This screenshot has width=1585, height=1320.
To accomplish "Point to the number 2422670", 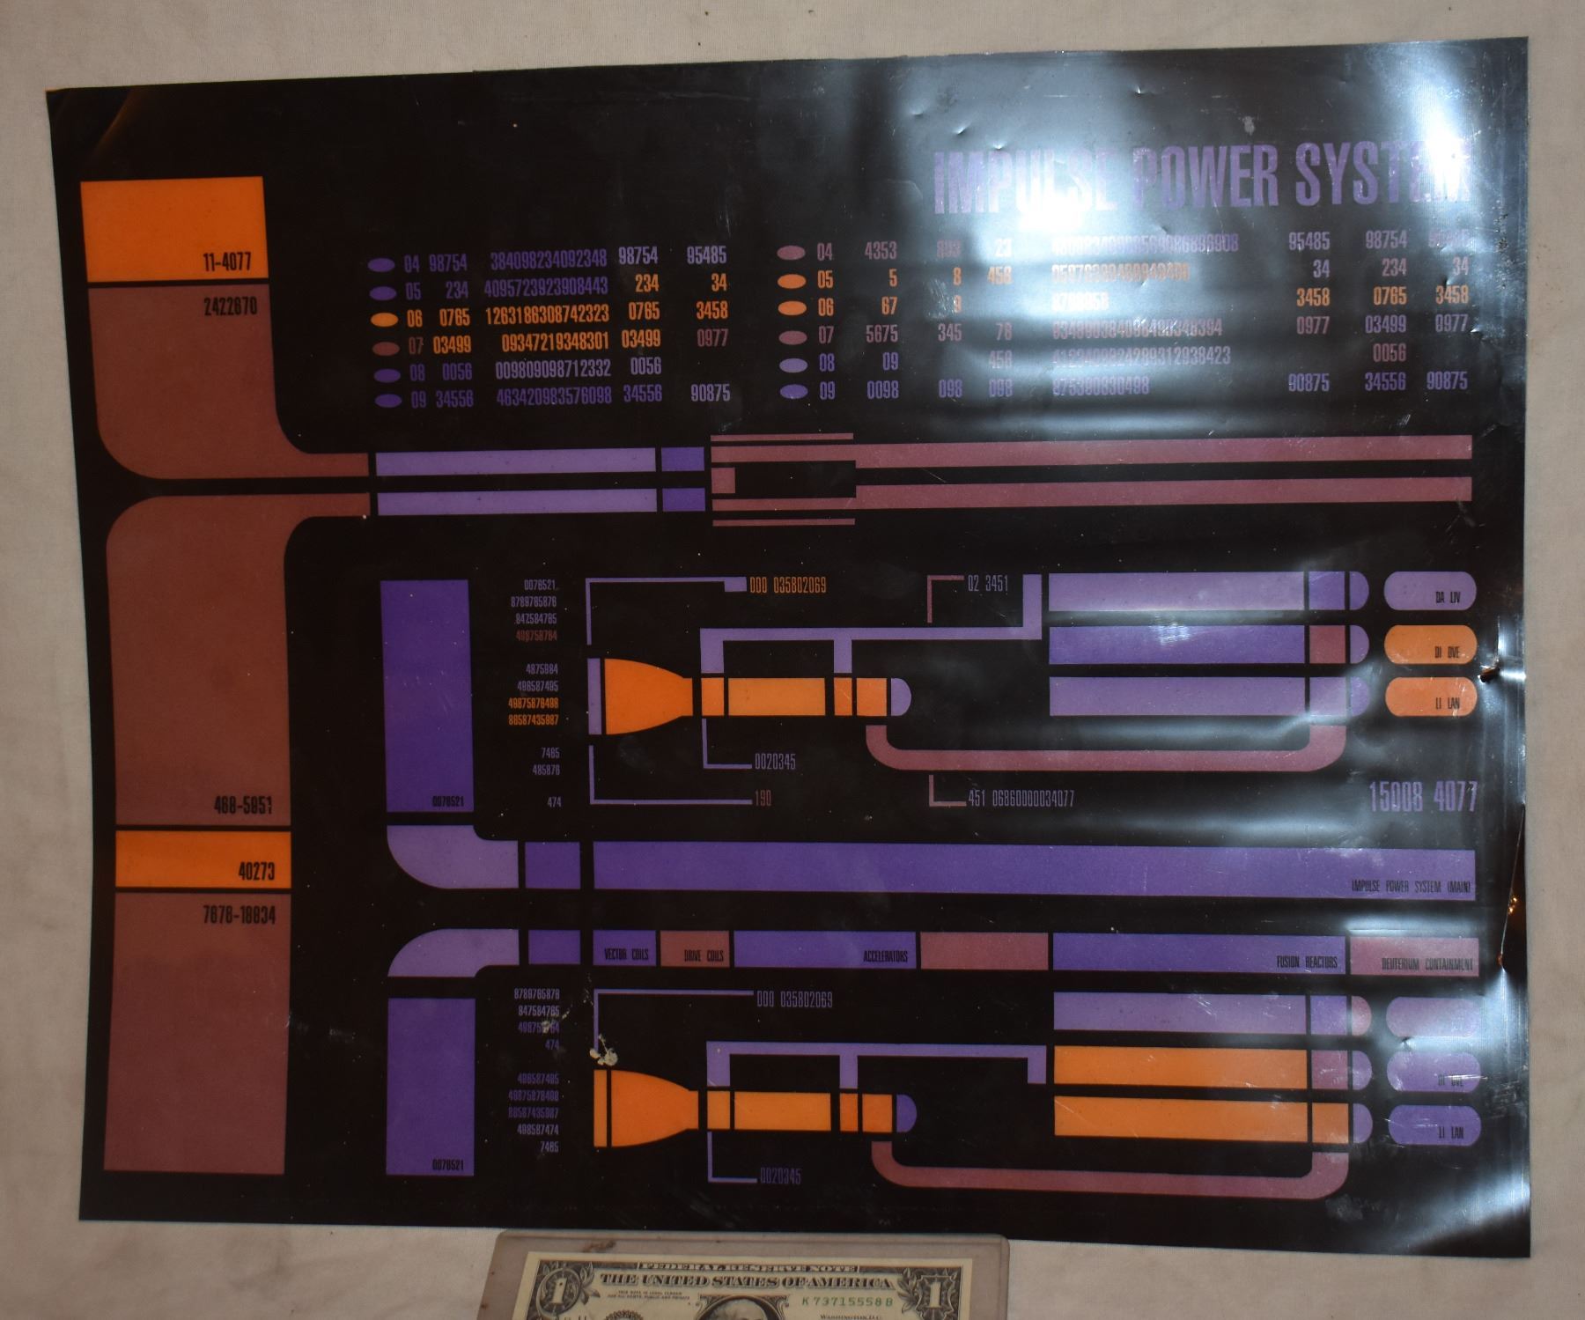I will click(231, 309).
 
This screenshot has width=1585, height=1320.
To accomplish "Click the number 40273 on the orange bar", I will click(256, 871).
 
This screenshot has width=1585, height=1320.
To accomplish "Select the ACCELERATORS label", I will click(885, 956).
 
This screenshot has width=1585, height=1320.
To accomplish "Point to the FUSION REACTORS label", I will click(1307, 962).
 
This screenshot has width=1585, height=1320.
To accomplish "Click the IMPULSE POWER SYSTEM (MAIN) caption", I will click(1412, 887).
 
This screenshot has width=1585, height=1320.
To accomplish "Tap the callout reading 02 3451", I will click(987, 584).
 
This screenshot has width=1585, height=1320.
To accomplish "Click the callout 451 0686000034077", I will click(1020, 800).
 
